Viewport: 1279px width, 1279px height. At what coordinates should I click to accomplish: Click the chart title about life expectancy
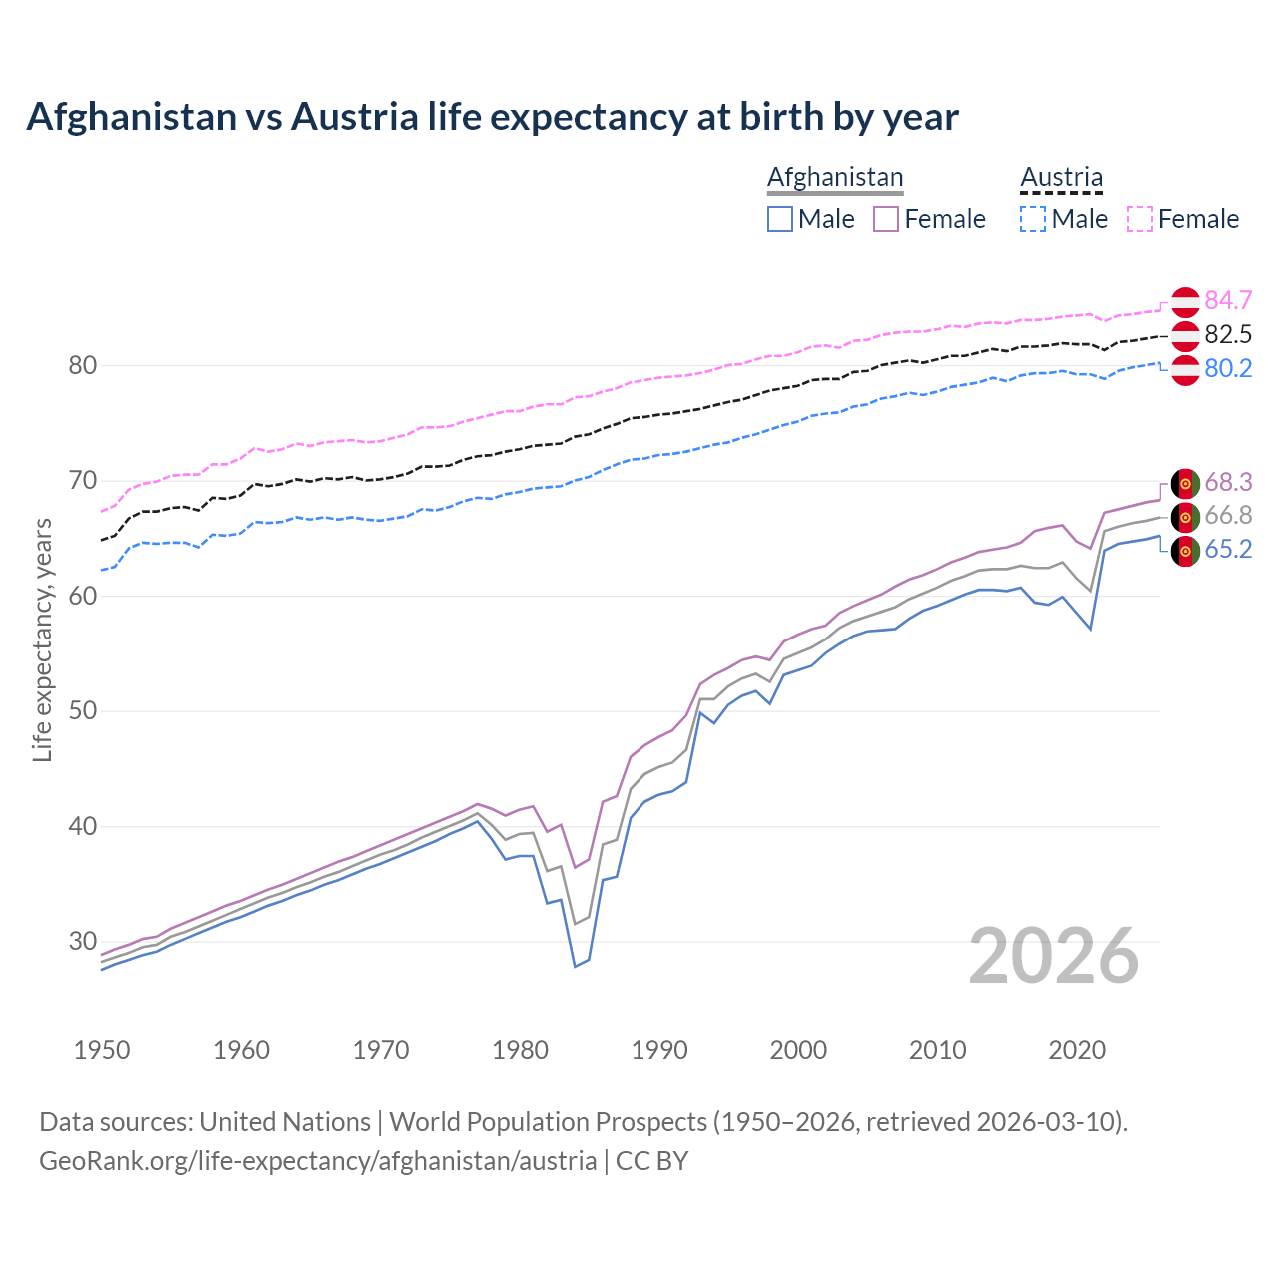[x=493, y=117]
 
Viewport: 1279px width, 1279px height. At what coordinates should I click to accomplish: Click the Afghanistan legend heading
[x=835, y=177]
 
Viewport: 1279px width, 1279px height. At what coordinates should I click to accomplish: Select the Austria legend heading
[x=1061, y=177]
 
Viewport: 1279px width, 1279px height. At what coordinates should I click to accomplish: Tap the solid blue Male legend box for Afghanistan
[x=780, y=219]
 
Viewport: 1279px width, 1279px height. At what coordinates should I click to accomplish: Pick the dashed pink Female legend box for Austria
[x=1140, y=219]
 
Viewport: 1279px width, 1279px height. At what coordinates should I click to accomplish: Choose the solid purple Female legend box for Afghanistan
[x=886, y=219]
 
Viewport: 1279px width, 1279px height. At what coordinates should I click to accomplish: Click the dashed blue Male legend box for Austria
[x=1033, y=219]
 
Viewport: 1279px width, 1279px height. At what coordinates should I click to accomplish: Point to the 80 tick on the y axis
[x=83, y=365]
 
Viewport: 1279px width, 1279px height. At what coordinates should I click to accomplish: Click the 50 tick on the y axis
[x=83, y=711]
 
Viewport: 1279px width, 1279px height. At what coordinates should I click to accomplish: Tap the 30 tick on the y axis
[x=83, y=941]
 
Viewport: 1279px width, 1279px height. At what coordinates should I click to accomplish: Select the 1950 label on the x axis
[x=102, y=1050]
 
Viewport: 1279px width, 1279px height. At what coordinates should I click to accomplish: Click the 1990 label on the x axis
[x=659, y=1050]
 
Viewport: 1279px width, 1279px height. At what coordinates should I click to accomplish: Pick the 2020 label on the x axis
[x=1077, y=1050]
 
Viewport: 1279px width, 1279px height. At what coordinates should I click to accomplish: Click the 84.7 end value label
[x=1228, y=300]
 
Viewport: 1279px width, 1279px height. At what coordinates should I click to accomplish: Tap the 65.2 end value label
[x=1228, y=550]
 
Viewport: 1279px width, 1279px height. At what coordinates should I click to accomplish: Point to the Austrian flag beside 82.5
[x=1185, y=335]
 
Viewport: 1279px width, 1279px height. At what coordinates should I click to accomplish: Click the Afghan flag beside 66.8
[x=1185, y=517]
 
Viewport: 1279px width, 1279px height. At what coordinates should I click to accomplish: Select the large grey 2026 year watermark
[x=1054, y=956]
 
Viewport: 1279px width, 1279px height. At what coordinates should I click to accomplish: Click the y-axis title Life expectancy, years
[x=42, y=639]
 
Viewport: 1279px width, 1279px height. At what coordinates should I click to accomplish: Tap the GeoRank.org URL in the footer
[x=318, y=1161]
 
